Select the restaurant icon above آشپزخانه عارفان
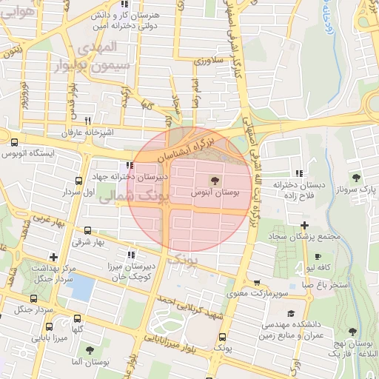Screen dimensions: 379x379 point(87,121)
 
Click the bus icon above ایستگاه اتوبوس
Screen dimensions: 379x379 point(15,142)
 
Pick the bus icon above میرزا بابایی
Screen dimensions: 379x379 point(49,326)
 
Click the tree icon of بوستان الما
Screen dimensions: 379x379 point(90,350)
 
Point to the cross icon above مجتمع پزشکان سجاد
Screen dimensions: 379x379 point(304,225)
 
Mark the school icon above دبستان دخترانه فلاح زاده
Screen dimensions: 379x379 point(298,172)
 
